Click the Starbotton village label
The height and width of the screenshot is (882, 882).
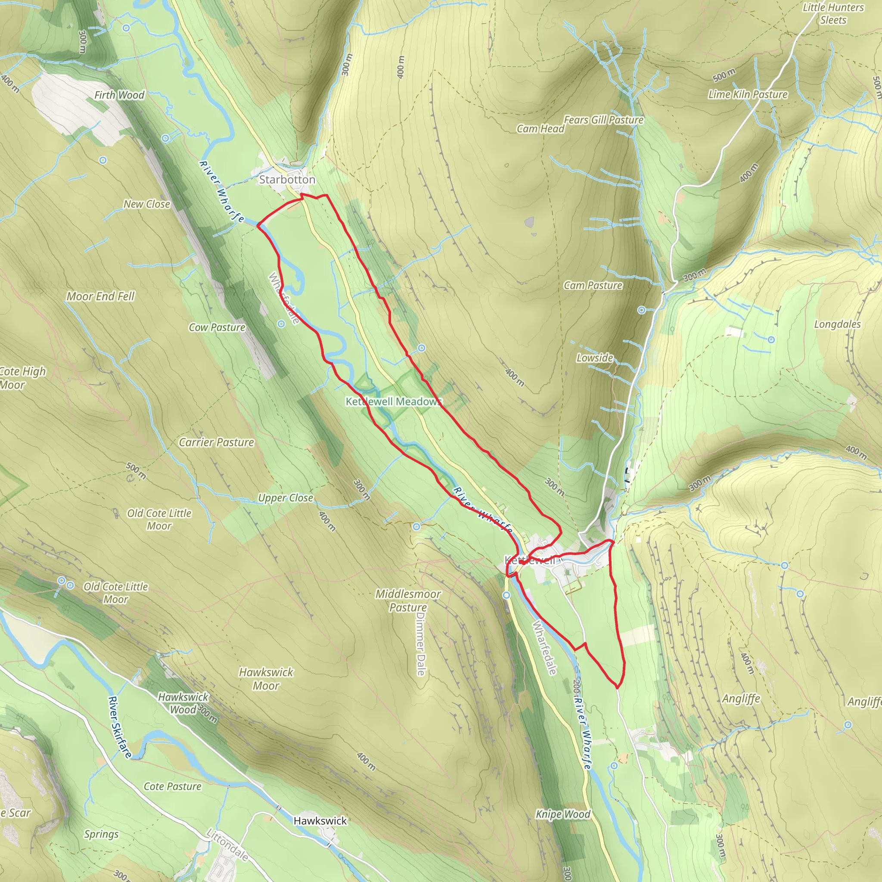(x=287, y=180)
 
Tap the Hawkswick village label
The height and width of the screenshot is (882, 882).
(x=320, y=821)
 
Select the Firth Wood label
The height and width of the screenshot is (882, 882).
(x=119, y=95)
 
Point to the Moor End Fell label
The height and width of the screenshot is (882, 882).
(x=100, y=296)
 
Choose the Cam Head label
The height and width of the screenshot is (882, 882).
(x=540, y=129)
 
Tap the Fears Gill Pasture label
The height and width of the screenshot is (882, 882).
(x=603, y=120)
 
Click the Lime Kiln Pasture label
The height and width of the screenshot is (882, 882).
(x=748, y=94)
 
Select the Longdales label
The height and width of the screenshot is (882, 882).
(x=837, y=324)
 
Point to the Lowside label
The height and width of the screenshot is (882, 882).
(x=594, y=357)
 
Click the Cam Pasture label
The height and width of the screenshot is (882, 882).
(x=593, y=286)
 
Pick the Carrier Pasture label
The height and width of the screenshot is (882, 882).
(x=216, y=442)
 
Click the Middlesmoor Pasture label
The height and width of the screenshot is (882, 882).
(x=408, y=600)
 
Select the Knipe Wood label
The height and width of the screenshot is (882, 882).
(x=563, y=814)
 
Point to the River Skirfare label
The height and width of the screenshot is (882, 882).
(x=120, y=727)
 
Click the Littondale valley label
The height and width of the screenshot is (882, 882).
(x=227, y=845)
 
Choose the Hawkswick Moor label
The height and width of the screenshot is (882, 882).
(x=266, y=678)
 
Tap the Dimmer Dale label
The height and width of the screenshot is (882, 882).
(x=420, y=644)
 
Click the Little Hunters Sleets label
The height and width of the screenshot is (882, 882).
(x=833, y=14)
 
